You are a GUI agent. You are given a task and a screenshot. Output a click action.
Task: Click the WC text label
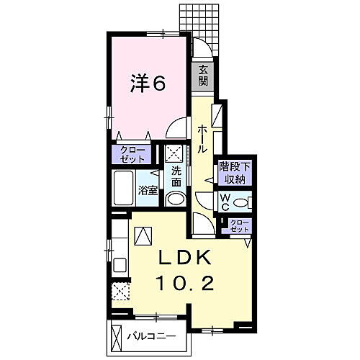click(x=225, y=199)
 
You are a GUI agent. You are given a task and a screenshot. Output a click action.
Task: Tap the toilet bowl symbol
click(x=244, y=200)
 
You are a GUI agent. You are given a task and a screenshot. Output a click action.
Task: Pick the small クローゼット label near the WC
click(x=238, y=225)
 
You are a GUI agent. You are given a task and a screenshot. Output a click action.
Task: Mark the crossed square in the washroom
click(x=174, y=154)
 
